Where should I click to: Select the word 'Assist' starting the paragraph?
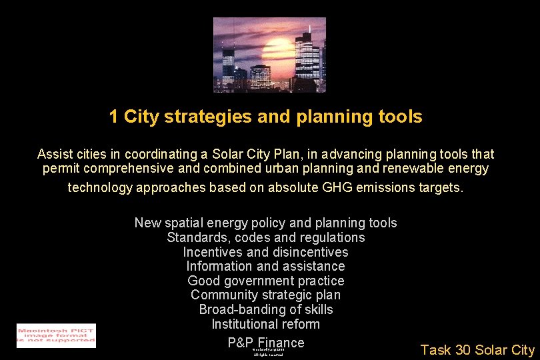55,154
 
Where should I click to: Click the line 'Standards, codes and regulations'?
265,237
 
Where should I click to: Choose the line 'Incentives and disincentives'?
265,252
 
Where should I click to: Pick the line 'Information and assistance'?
265,267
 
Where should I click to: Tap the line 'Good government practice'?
265,281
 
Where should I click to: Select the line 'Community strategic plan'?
265,295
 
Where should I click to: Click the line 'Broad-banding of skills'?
265,310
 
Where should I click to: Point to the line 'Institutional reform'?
265,325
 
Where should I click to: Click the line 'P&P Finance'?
265,342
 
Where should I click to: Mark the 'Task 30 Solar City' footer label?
477,350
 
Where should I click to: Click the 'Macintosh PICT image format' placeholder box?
56,335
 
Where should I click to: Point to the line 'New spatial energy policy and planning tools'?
265,223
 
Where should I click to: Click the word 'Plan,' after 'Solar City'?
303,154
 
